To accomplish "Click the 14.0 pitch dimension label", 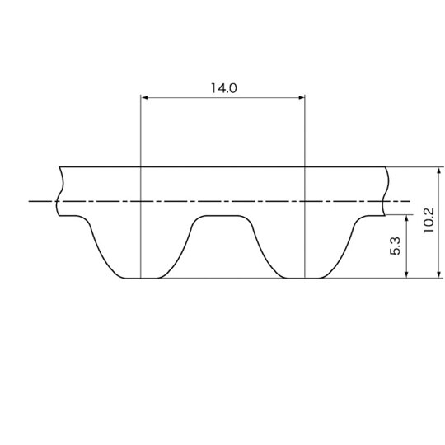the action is click(223, 88).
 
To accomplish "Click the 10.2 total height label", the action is click(429, 220).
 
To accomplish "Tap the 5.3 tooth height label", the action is click(395, 246).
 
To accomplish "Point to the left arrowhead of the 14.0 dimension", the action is click(144, 97).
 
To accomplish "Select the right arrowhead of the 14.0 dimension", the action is click(301, 97).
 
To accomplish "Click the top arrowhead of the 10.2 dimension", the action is click(439, 171).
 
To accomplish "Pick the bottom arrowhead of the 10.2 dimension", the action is click(439, 274).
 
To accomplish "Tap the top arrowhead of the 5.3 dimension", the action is click(406, 218).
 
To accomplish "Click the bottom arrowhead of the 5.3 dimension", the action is click(406, 274).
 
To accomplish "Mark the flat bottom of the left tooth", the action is click(140, 279).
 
